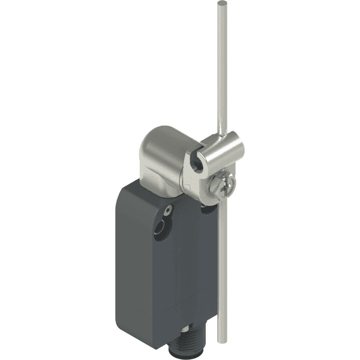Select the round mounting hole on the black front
(x=160, y=228)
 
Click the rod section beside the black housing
(x=221, y=270)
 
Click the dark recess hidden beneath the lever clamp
(x=207, y=207)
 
